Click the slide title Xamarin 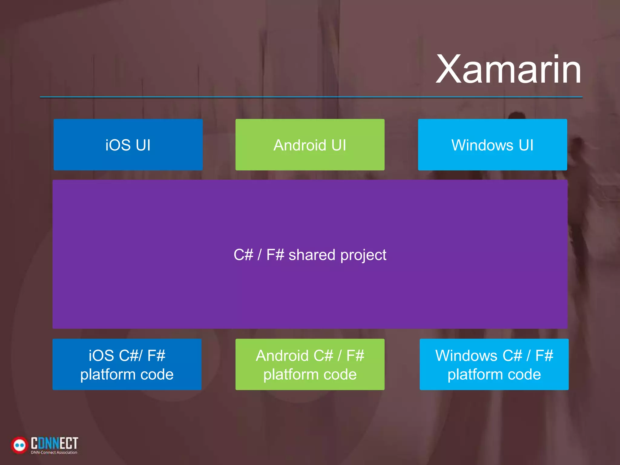(509, 70)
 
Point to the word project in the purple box (363, 255)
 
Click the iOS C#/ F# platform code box (127, 364)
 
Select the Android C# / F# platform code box (310, 364)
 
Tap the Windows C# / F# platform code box (494, 364)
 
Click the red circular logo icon (20, 445)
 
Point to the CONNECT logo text (54, 443)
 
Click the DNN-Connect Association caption (54, 453)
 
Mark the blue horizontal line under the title (311, 97)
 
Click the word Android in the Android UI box (299, 145)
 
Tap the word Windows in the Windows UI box (482, 145)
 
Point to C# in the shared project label (243, 255)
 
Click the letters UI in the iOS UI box (143, 145)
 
